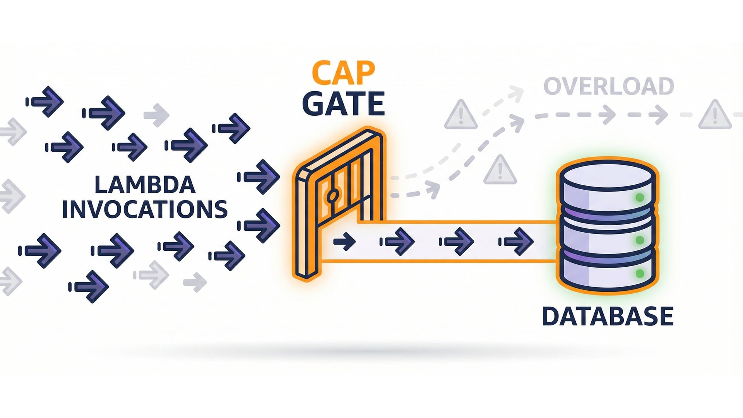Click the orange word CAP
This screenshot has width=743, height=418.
click(x=343, y=73)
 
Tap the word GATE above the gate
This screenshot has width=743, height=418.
click(x=343, y=104)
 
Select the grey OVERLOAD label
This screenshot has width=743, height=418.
click(x=609, y=86)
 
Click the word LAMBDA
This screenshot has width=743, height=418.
click(x=145, y=185)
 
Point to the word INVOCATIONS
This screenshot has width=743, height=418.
click(x=145, y=209)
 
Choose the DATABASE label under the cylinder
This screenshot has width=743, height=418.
click(x=608, y=316)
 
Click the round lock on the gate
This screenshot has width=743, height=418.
click(x=332, y=196)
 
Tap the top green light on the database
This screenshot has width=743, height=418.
click(x=640, y=198)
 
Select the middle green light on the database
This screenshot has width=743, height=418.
click(x=640, y=240)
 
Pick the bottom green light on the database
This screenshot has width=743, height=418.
click(x=640, y=274)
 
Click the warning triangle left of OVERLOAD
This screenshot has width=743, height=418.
click(x=461, y=115)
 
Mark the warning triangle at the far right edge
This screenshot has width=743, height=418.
click(x=715, y=115)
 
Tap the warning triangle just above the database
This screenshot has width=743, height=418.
click(x=500, y=170)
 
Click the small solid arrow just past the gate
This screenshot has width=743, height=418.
click(x=344, y=242)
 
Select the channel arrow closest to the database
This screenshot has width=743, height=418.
click(x=517, y=242)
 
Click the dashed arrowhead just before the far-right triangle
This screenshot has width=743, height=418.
click(x=658, y=115)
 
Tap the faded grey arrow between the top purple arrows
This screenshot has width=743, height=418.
click(x=157, y=115)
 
